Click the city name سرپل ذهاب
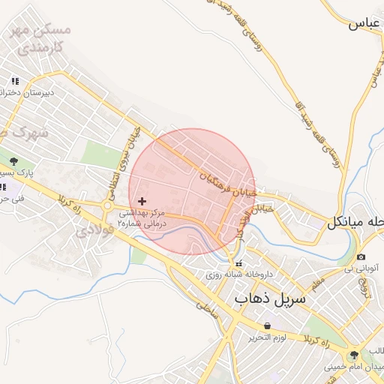coord(270,298)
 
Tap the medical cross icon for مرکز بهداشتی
coord(142,201)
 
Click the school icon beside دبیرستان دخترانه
coord(14,81)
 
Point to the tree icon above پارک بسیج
coord(14,160)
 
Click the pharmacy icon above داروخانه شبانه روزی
coord(239,264)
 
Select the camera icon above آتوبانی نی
coord(361,256)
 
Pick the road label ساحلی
coord(205,307)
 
